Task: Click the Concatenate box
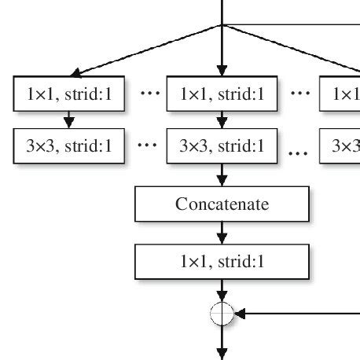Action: [x=222, y=204]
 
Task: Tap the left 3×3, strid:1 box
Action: [x=70, y=145]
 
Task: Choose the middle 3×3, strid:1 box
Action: [x=222, y=145]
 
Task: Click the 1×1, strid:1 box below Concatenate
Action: [x=222, y=261]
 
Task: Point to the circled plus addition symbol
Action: [x=222, y=314]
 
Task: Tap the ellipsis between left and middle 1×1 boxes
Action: [x=149, y=94]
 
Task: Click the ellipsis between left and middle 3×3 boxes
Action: [x=149, y=145]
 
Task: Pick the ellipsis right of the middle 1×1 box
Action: [x=299, y=94]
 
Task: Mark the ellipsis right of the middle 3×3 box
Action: [x=299, y=151]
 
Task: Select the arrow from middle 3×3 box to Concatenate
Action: [x=222, y=174]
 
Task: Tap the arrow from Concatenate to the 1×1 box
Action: [x=222, y=233]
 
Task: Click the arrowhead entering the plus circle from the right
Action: [x=241, y=314]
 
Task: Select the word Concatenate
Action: [x=222, y=204]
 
